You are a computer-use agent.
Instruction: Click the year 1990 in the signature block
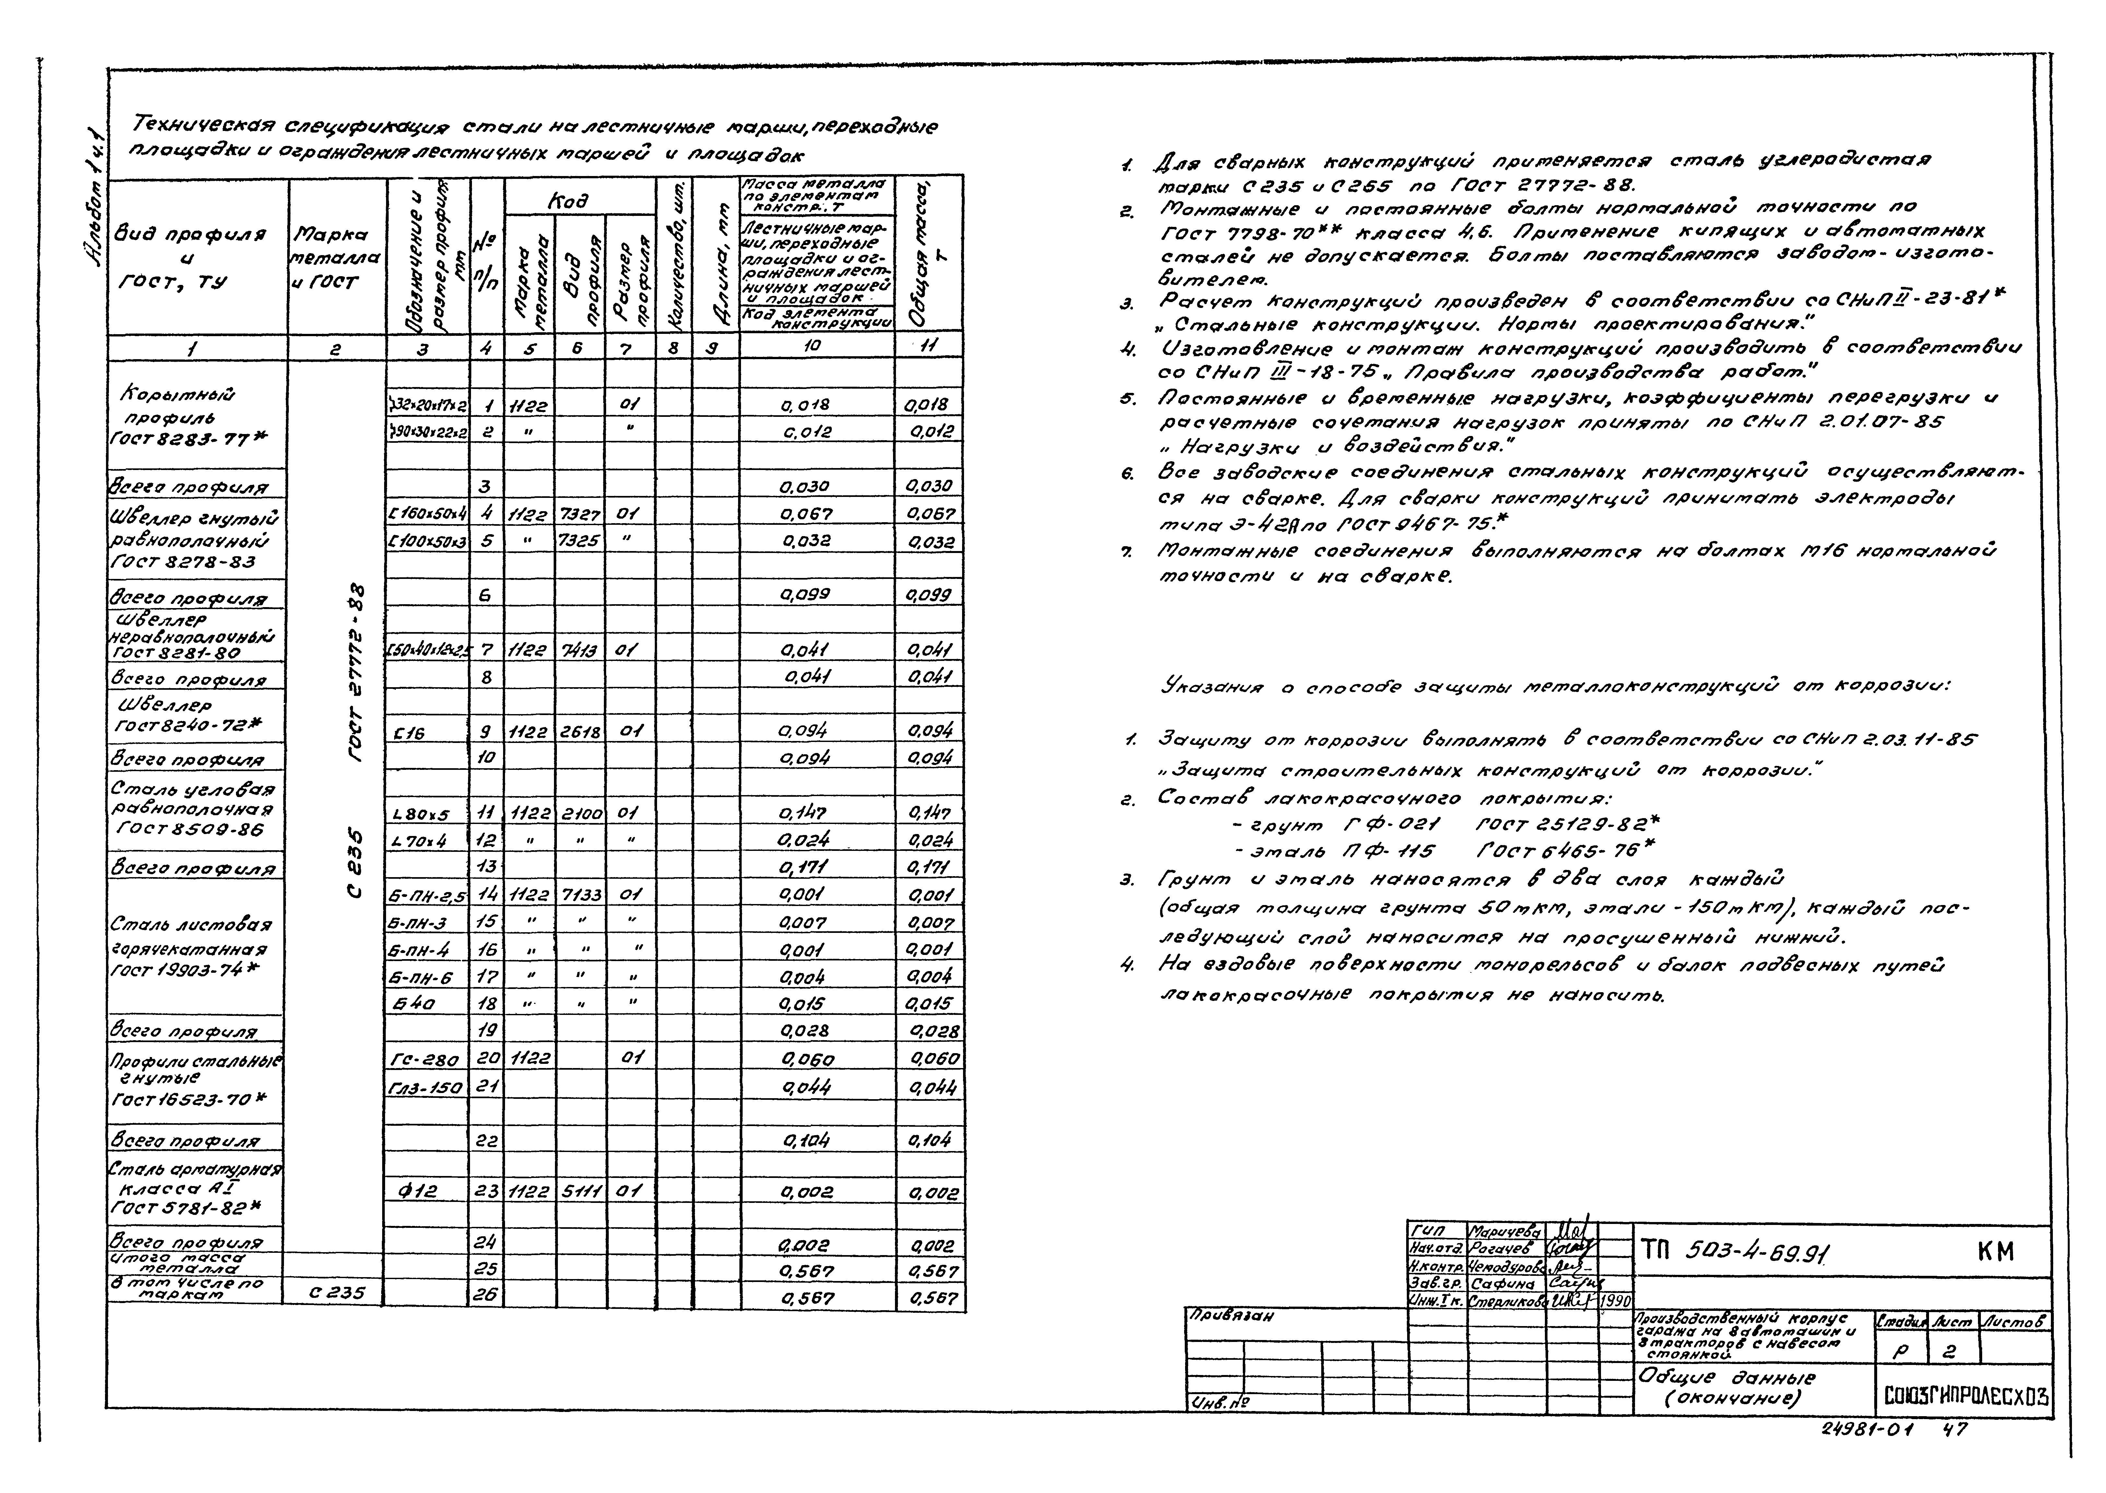[x=1615, y=1301]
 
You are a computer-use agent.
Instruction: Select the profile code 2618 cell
[x=579, y=731]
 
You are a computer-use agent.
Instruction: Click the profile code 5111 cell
[x=579, y=1192]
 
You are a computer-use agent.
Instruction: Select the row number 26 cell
[x=487, y=1294]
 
